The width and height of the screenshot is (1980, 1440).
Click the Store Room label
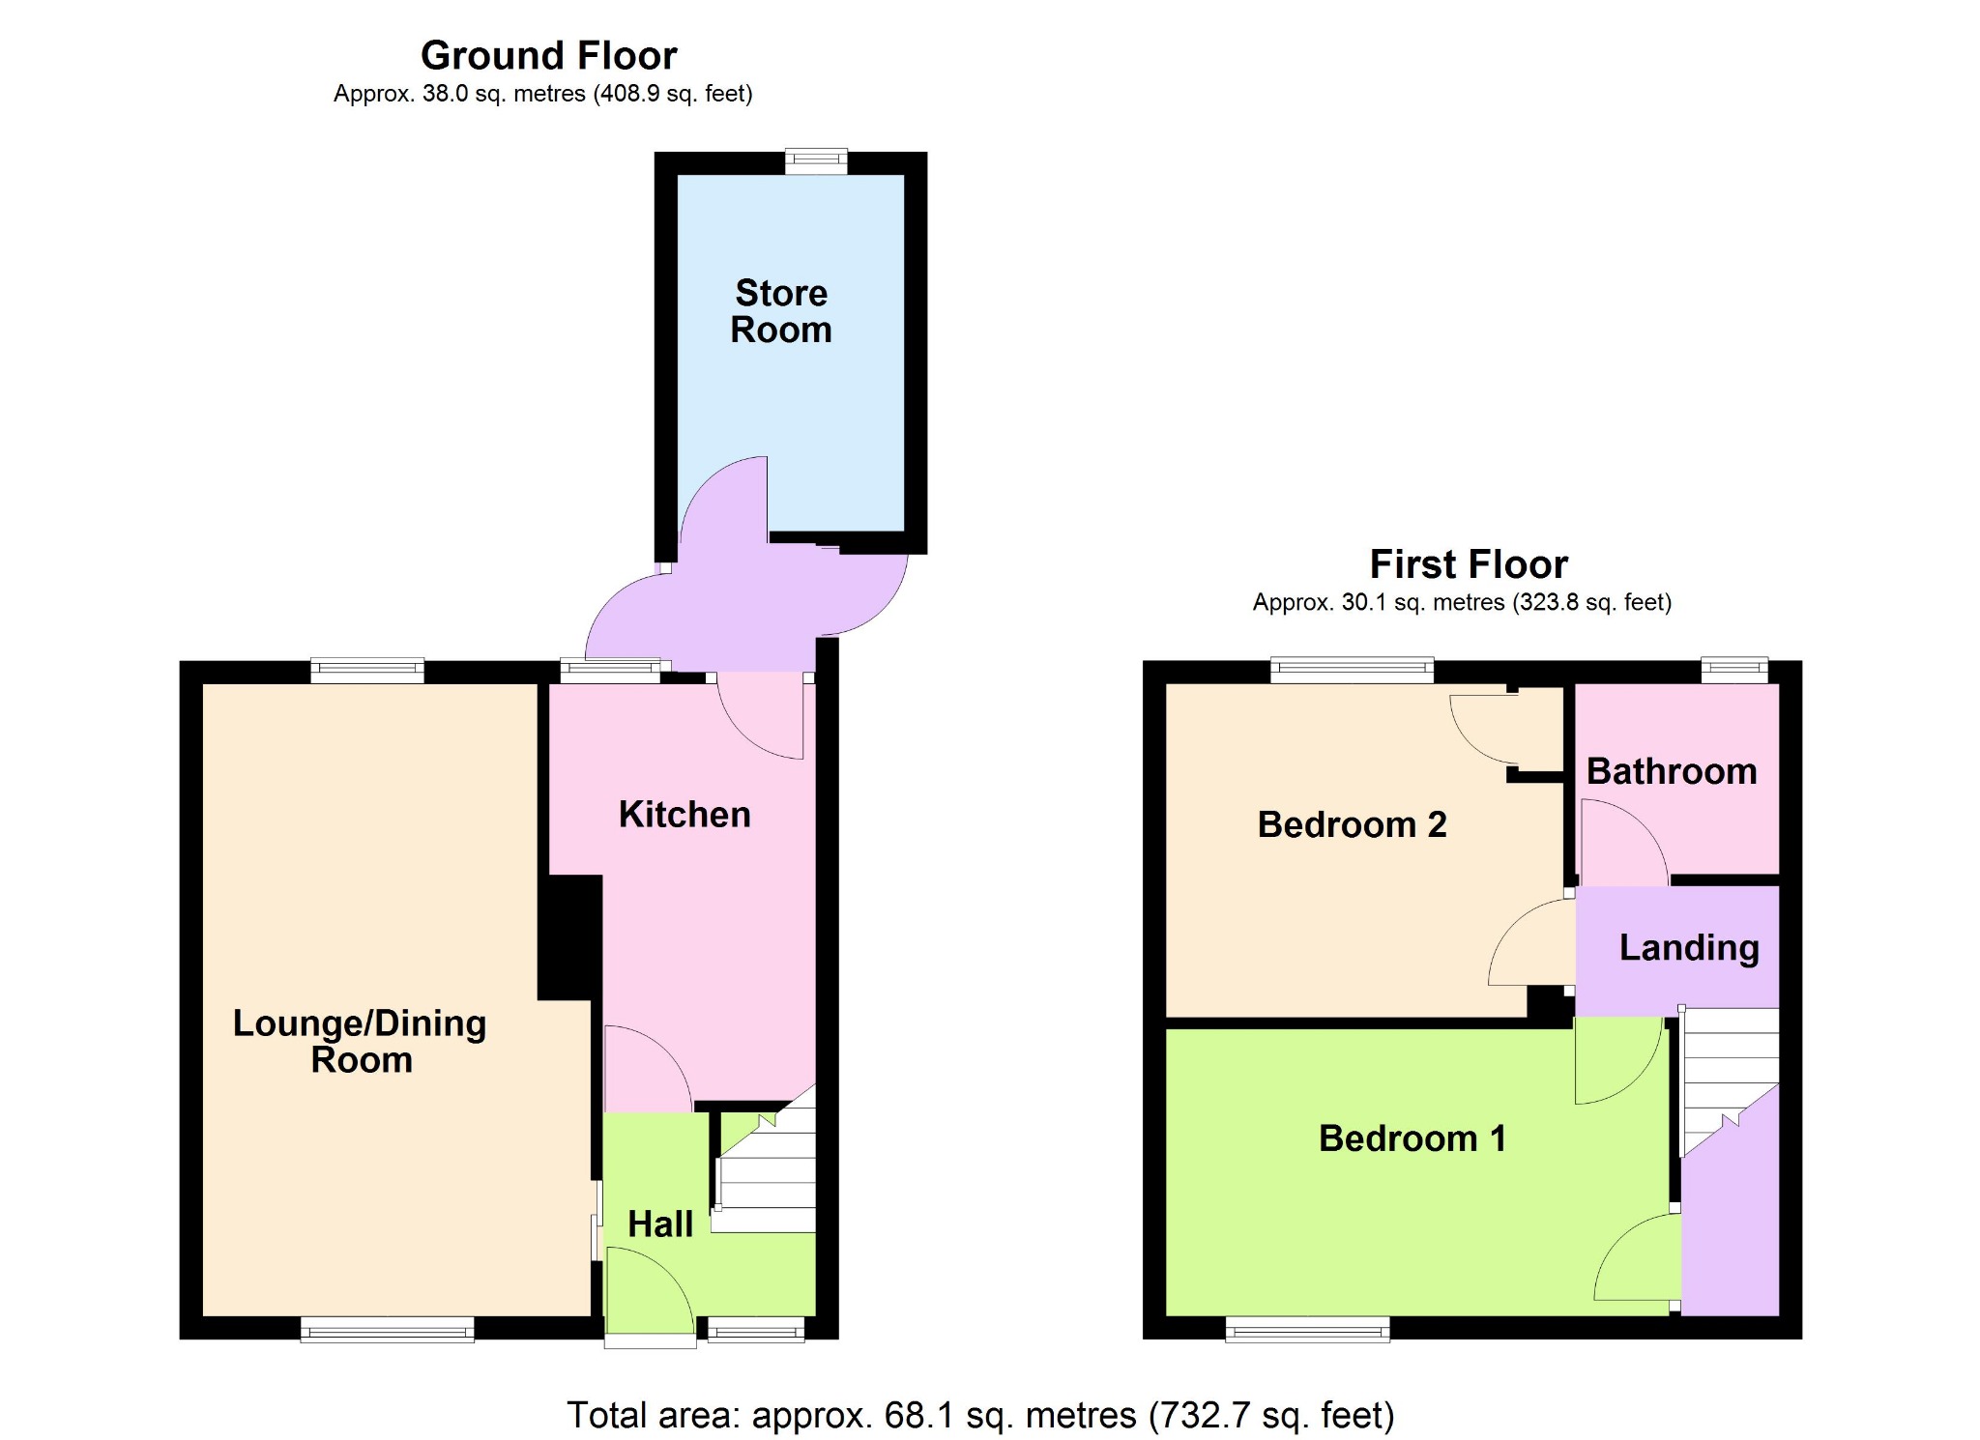[x=781, y=311]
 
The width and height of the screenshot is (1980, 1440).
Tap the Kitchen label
[x=684, y=815]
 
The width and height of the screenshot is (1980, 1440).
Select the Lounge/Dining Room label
[x=360, y=1041]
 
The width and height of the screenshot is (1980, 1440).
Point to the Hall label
[x=660, y=1224]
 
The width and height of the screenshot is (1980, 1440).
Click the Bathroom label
[x=1672, y=771]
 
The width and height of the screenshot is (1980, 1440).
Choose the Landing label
[x=1689, y=948]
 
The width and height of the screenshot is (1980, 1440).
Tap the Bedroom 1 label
[x=1412, y=1138]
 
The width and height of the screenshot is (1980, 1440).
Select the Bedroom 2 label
[x=1352, y=824]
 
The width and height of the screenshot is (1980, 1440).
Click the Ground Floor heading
[x=549, y=56]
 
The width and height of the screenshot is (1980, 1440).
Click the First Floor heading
[x=1469, y=564]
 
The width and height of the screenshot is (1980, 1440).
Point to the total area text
[x=980, y=1416]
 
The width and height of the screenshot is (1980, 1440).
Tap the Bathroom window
[x=1734, y=670]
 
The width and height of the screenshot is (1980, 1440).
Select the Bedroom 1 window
[x=1307, y=1330]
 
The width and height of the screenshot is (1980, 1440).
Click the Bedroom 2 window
[x=1352, y=670]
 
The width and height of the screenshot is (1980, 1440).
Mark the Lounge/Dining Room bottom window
[x=387, y=1330]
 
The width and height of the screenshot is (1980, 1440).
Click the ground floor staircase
[x=766, y=1165]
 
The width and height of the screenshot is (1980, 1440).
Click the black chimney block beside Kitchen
[x=570, y=937]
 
